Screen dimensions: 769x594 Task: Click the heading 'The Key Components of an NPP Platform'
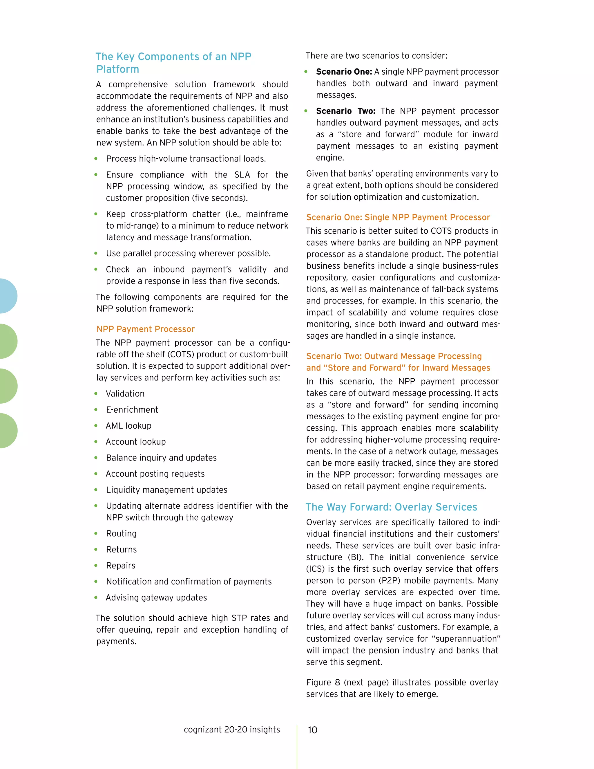click(173, 62)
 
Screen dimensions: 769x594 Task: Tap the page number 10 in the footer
click(312, 730)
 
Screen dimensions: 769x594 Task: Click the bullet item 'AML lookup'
click(128, 425)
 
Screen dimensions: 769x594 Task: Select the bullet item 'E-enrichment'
click(132, 409)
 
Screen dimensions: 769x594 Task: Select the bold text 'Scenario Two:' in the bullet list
click(345, 111)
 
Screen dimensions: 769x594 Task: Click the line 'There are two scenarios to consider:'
click(376, 56)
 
